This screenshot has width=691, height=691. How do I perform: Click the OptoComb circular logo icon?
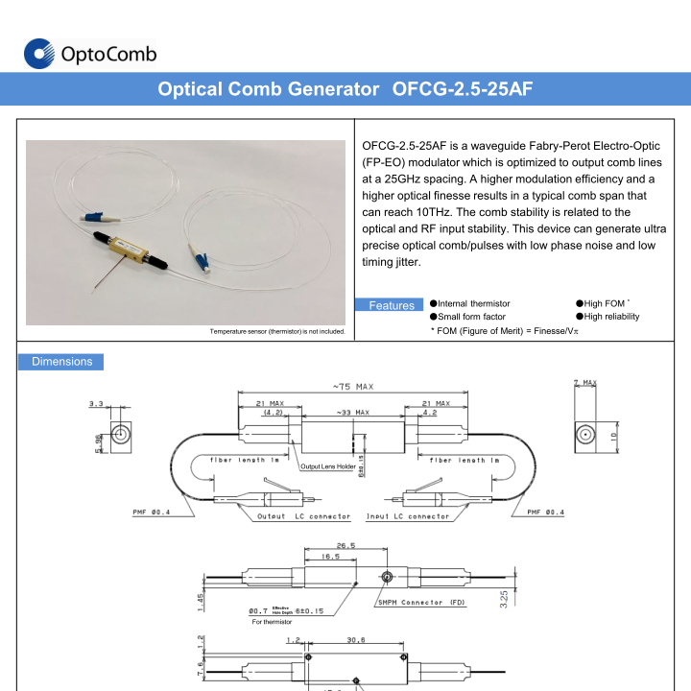tap(38, 54)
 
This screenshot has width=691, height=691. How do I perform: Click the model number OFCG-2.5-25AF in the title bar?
tap(463, 89)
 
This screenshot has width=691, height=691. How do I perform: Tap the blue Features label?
tap(392, 305)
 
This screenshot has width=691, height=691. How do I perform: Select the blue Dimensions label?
tap(61, 362)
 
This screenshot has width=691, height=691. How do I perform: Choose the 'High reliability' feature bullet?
tap(611, 317)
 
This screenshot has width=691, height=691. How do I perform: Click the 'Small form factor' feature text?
tap(471, 317)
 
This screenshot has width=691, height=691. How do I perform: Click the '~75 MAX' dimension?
tap(352, 387)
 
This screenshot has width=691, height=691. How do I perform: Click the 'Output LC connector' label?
tap(303, 516)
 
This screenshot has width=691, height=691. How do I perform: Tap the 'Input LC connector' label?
tap(408, 516)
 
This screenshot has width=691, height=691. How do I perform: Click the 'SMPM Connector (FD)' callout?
tap(422, 602)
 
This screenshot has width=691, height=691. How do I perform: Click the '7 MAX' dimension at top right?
tap(584, 383)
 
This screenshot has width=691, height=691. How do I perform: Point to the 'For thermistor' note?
tap(271, 622)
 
